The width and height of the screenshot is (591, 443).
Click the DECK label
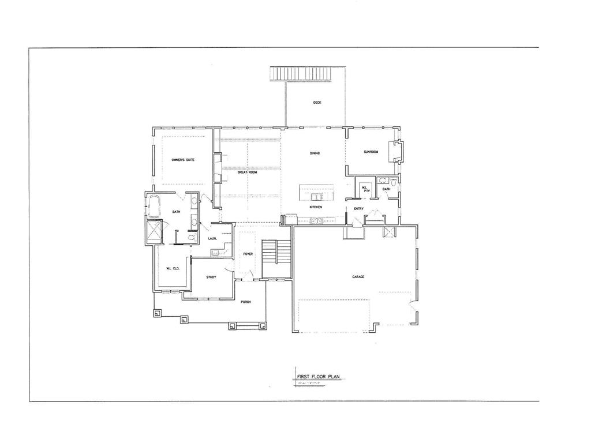[317, 103]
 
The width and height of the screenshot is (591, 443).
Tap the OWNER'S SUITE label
[182, 159]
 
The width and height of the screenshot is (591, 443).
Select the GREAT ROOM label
[246, 172]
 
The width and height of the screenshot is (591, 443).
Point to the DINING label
[315, 153]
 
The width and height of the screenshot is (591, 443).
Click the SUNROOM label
[370, 152]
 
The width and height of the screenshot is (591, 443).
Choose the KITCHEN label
[315, 207]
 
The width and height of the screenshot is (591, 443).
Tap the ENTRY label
[358, 208]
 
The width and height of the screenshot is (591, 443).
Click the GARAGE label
[358, 277]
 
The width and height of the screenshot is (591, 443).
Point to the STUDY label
[211, 277]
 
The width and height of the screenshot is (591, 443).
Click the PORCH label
[246, 302]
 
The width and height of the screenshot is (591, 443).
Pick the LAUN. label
[212, 238]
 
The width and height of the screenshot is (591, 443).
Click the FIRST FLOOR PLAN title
[317, 377]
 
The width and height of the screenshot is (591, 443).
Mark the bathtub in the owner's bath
[154, 205]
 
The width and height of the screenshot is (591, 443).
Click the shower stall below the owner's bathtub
[155, 232]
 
